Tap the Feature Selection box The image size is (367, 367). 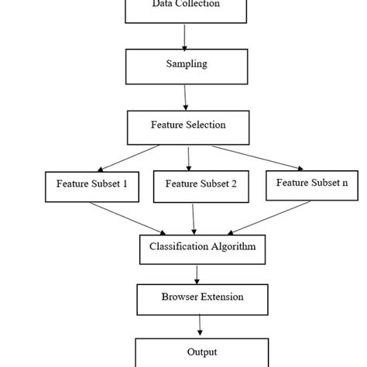(x=188, y=125)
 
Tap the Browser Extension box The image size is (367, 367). (x=202, y=297)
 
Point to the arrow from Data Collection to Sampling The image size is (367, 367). (x=185, y=36)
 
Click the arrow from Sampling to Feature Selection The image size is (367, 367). (x=186, y=96)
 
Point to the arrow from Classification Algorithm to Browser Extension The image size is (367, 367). (x=198, y=273)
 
